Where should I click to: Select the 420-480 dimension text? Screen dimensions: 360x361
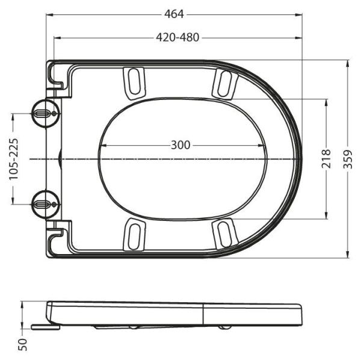[177, 37]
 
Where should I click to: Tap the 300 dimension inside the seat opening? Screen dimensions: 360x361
[180, 145]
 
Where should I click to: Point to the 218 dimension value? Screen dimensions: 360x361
[327, 159]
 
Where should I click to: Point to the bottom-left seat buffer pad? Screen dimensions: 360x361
[134, 235]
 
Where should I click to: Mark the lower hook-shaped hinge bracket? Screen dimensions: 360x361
[58, 239]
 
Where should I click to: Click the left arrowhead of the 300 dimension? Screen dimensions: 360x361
[100, 145]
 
